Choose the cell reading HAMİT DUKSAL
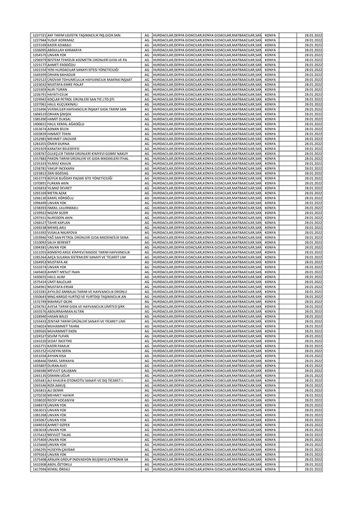pos(58,119)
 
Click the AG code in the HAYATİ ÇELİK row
pos(146,94)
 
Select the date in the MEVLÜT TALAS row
pos(313,434)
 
